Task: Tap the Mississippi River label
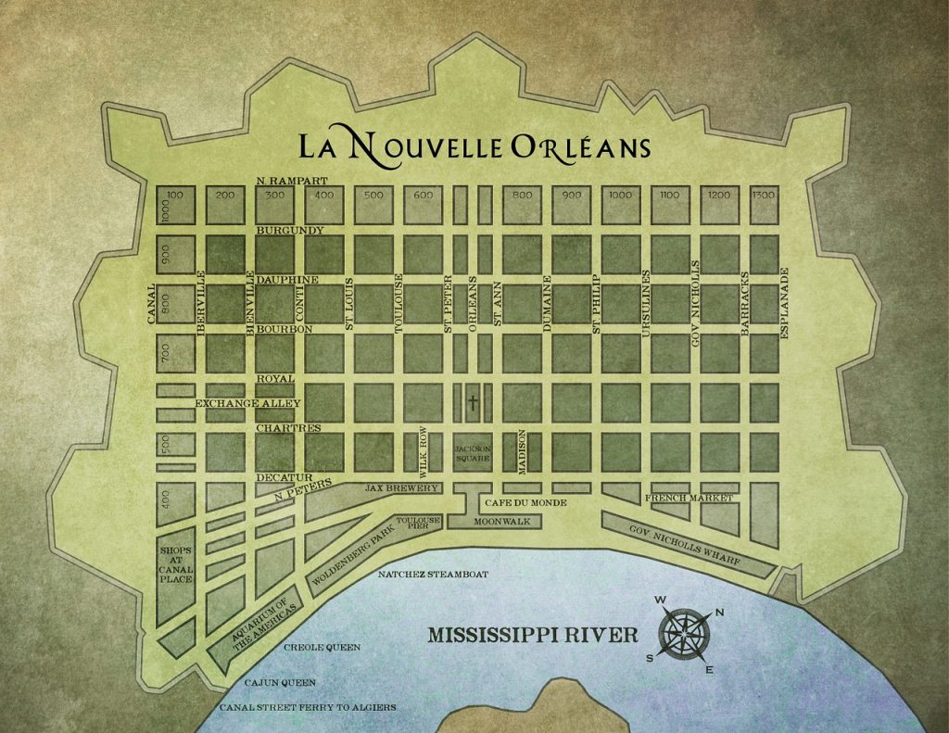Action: click(532, 636)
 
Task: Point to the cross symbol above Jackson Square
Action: click(473, 403)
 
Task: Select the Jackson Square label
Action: click(472, 453)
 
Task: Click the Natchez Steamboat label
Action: click(433, 575)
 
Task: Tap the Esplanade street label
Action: click(784, 303)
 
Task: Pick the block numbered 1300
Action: click(763, 196)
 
